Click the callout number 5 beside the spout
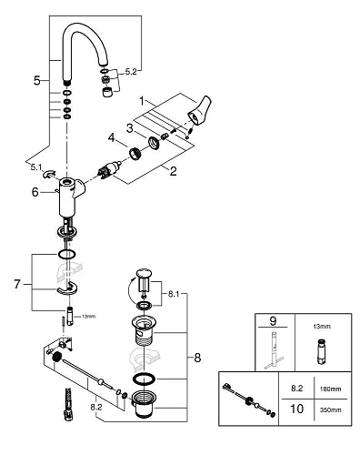(36, 80)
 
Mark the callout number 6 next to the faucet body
(35, 191)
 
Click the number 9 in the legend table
(270, 320)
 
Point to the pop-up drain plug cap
(144, 272)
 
